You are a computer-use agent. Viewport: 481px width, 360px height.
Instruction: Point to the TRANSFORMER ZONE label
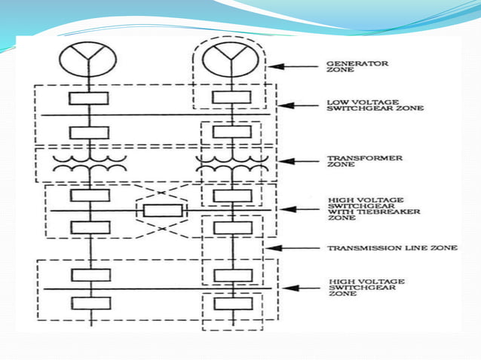click(354, 162)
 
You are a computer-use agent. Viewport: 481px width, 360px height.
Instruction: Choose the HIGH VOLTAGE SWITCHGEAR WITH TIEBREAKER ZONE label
click(364, 209)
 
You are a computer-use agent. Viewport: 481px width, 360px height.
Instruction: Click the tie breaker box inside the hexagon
click(161, 209)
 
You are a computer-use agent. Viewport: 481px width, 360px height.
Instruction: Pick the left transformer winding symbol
click(90, 166)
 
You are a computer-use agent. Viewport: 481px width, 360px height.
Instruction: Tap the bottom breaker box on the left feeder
click(90, 304)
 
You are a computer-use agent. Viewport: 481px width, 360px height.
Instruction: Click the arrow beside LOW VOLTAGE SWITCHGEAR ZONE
click(298, 105)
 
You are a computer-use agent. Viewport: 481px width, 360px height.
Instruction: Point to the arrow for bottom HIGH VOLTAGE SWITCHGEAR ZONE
click(298, 288)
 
